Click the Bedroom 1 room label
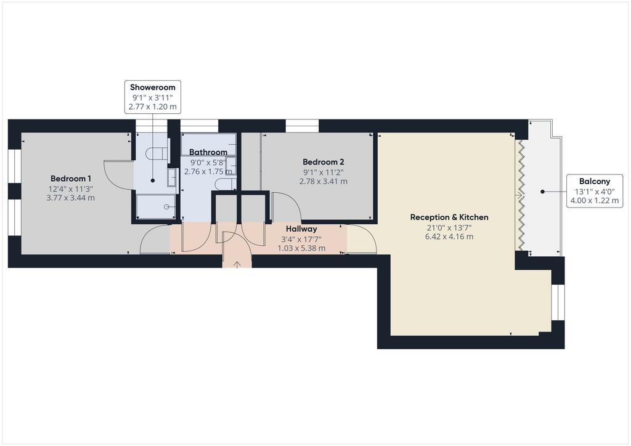(71, 179)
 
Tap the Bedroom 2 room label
(323, 162)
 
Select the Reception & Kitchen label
(449, 217)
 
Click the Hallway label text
(301, 229)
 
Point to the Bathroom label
(208, 152)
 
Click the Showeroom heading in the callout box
(153, 87)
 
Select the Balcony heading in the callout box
(595, 181)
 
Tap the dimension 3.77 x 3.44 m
(71, 198)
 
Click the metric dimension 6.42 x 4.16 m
(449, 237)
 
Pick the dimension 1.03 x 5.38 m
(301, 248)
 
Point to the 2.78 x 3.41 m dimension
(323, 181)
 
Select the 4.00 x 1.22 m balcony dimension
(595, 200)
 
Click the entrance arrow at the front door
(237, 264)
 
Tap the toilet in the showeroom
(157, 153)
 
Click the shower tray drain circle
(166, 207)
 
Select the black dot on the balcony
(542, 192)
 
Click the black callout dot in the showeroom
(153, 180)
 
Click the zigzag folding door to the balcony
(520, 195)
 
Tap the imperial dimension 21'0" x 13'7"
(449, 227)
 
